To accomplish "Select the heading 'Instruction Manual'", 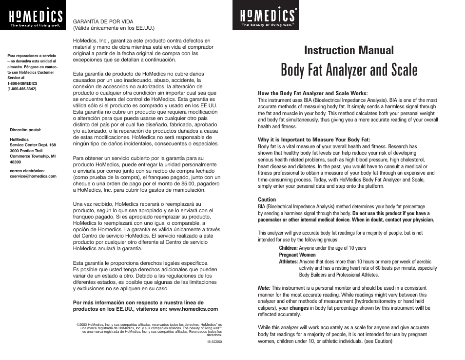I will [349, 50].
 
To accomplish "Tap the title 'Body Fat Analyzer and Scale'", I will [349, 70].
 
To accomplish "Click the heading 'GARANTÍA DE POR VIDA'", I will [103, 21].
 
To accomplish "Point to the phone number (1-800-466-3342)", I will [22, 89].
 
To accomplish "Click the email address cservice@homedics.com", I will [33, 176].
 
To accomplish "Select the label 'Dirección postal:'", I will [26, 130].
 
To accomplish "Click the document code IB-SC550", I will [214, 342].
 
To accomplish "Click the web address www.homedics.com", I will [193, 309].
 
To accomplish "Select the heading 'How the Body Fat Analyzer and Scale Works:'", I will [312, 93].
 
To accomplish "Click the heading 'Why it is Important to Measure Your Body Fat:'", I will [314, 140].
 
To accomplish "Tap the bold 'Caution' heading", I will [267, 200].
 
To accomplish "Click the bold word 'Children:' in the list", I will [288, 248].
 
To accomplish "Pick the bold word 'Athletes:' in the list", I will [288, 261].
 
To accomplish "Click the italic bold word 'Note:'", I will [264, 288].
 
